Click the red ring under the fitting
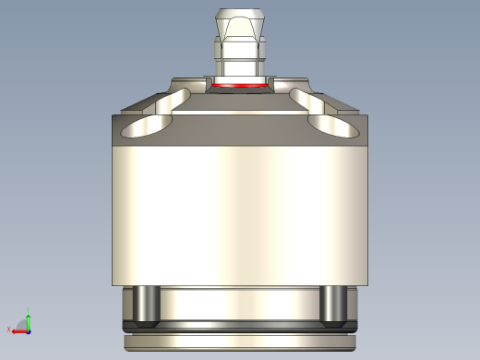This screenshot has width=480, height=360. click(x=239, y=86)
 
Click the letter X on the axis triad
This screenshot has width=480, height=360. click(x=9, y=330)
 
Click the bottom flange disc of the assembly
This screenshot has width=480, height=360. click(x=239, y=342)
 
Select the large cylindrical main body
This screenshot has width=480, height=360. click(x=239, y=212)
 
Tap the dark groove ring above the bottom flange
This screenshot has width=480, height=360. click(x=239, y=325)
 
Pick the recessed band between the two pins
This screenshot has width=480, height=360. click(x=239, y=303)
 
